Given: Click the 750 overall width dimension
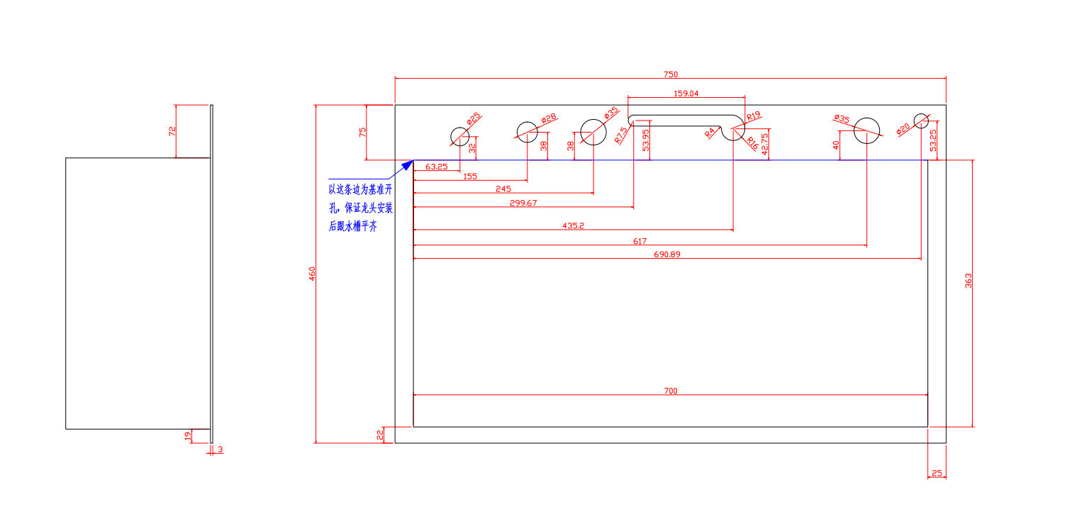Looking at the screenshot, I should pos(671,74).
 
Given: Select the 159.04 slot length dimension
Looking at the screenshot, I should pos(685,93).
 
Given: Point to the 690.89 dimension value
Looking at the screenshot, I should pos(666,254).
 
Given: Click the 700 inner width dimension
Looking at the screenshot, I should pos(671,390).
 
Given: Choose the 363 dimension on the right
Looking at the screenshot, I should pos(968,280).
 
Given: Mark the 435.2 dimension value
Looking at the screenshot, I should pos(573,225).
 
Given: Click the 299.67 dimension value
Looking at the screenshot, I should pos(524,203).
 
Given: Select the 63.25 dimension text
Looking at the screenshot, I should pos(436,167).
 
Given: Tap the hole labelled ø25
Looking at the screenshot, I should pos(460,136).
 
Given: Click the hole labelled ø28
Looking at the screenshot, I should pos(527,132).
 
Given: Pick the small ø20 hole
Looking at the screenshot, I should pos(921,121).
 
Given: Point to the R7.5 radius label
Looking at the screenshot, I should pos(622,135).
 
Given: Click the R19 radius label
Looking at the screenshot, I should pos(753,116).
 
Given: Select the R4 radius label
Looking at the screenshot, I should pos(710,132).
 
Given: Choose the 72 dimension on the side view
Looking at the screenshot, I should pos(172,131).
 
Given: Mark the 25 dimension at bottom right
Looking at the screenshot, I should pos(937,473).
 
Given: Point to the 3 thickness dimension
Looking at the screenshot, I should pos(220,449).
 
